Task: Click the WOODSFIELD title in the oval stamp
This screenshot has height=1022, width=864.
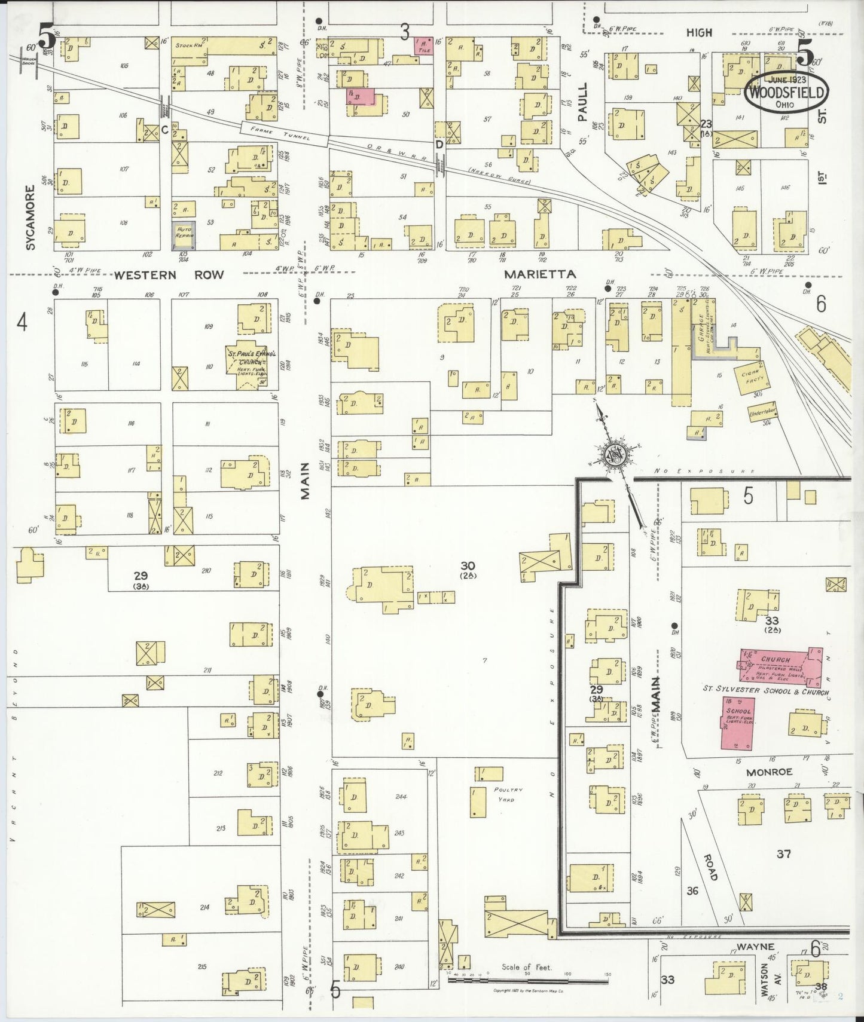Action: click(x=786, y=93)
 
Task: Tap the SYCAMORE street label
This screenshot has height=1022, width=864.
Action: click(x=30, y=217)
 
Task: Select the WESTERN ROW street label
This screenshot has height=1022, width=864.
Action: click(x=169, y=275)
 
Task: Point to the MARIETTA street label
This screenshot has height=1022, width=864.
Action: click(x=540, y=274)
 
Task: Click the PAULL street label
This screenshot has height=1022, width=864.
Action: click(x=582, y=102)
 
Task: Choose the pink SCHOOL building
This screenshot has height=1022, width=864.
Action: click(x=737, y=723)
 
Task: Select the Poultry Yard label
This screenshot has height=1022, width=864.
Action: click(x=504, y=794)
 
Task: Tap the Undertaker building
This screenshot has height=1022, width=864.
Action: click(x=762, y=412)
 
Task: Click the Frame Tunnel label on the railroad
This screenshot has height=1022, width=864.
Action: click(x=284, y=133)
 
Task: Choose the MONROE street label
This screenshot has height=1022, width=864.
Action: click(x=769, y=772)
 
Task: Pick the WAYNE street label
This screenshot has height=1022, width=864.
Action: click(x=755, y=947)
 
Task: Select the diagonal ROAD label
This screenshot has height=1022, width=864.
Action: click(x=710, y=867)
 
